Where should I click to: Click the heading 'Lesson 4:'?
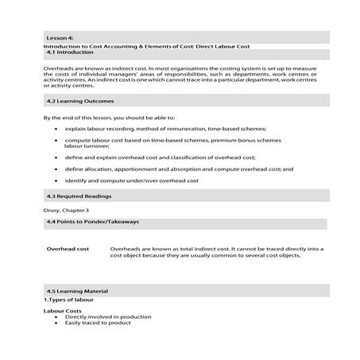(x=60, y=37)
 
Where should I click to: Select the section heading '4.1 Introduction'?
(x=70, y=52)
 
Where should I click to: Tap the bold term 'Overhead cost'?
(x=68, y=249)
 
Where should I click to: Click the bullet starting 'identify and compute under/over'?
(x=131, y=180)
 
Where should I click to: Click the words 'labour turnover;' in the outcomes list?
(x=85, y=147)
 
